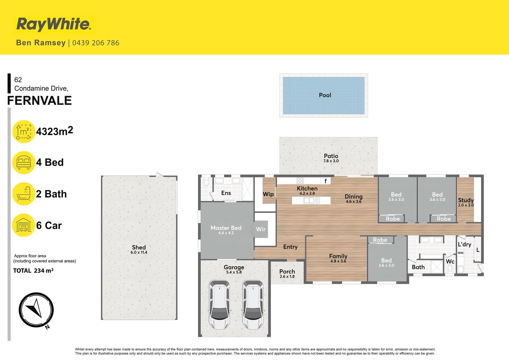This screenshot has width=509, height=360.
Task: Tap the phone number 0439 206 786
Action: tap(96, 43)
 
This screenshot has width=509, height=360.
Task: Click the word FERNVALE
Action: tap(40, 101)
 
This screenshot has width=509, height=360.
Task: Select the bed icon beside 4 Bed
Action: tap(24, 163)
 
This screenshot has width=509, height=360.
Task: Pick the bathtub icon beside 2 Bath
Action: tap(24, 194)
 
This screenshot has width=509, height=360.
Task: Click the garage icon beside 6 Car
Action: tap(24, 225)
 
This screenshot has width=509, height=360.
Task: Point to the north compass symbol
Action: tap(36, 310)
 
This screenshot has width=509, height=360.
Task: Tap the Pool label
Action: tap(325, 95)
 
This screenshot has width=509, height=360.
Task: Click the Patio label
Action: tap(331, 156)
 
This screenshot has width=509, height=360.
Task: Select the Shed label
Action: tap(139, 247)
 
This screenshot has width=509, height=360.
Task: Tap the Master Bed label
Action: tap(226, 228)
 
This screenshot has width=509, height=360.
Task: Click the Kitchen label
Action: tap(307, 189)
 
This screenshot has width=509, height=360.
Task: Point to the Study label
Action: tap(466, 200)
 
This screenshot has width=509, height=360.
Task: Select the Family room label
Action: tap(338, 256)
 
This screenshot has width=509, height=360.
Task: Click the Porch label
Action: tap(287, 272)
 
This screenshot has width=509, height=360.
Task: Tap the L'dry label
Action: tap(464, 244)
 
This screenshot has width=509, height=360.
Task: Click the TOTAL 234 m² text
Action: tap(33, 271)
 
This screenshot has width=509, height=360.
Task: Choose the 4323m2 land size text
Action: tap(54, 131)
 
